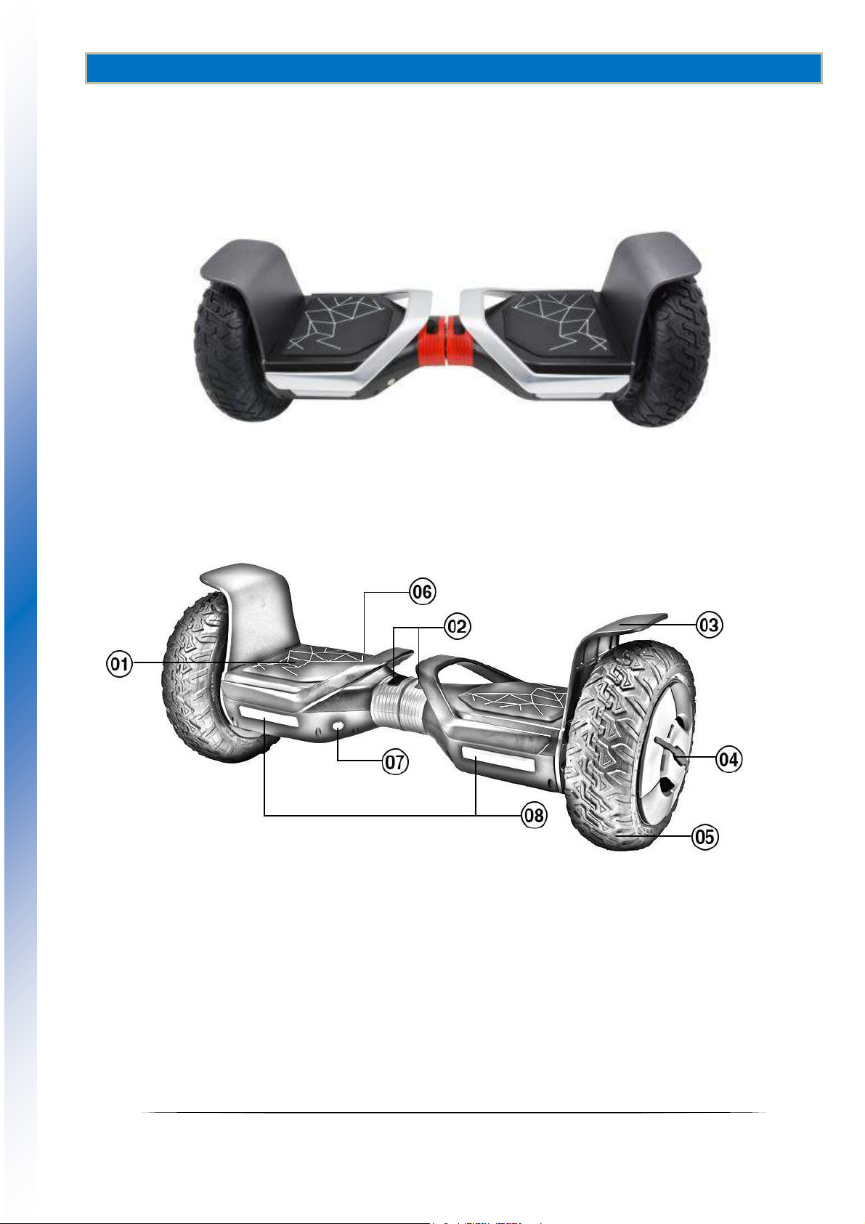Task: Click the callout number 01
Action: (x=120, y=665)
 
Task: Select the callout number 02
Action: (x=457, y=626)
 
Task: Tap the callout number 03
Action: (x=709, y=625)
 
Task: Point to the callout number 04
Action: (x=729, y=760)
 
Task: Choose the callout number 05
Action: (x=705, y=837)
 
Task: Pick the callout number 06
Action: (x=423, y=592)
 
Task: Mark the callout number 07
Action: (x=394, y=762)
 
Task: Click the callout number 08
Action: (x=534, y=816)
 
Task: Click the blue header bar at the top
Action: (x=453, y=68)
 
